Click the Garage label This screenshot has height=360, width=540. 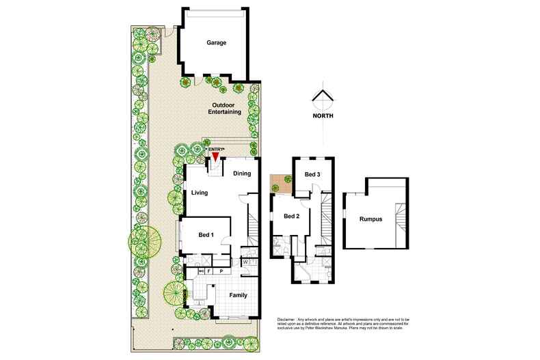216,42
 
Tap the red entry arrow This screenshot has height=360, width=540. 215,157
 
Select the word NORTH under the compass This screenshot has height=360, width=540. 323,116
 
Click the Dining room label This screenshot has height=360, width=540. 242,174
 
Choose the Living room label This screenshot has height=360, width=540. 200,193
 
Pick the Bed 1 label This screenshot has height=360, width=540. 206,235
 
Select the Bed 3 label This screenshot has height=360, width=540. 312,175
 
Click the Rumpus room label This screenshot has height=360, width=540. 369,219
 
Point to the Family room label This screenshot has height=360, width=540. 237,296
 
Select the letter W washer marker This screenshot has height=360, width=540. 245,262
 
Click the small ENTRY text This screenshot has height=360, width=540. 216,149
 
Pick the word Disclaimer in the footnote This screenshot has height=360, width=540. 290,319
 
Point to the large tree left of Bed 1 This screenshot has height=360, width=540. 146,240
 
